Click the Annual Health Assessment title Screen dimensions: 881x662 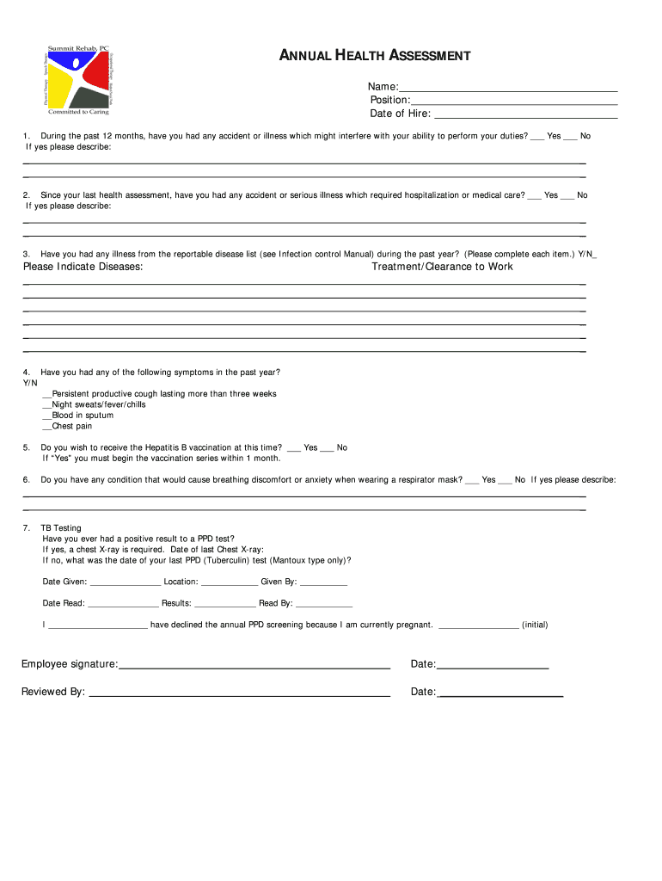375,56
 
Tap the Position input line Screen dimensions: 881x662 514,102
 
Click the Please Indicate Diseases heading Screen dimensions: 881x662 83,267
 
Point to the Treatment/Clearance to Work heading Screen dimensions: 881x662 442,267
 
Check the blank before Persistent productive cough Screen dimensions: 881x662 46,395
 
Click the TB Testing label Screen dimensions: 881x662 61,528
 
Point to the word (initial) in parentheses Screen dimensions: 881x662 535,625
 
